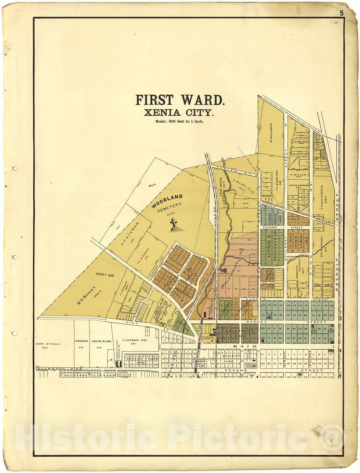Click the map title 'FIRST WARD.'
pos(180,100)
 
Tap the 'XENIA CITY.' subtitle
pos(179,112)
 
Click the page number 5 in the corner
pos(342,13)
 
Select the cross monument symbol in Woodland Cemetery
pos(174,224)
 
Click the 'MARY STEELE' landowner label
pos(48,344)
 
